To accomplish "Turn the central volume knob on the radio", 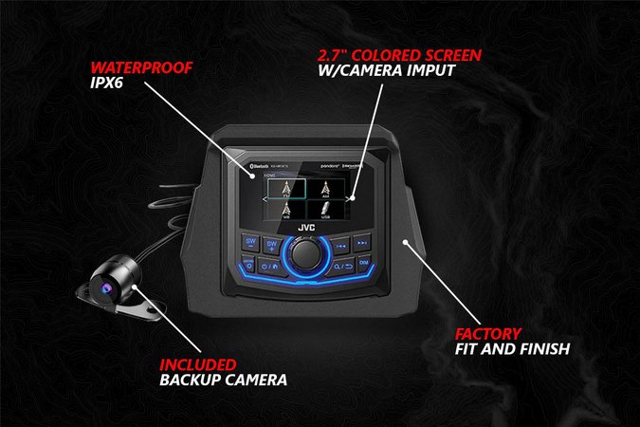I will pos(305,253).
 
